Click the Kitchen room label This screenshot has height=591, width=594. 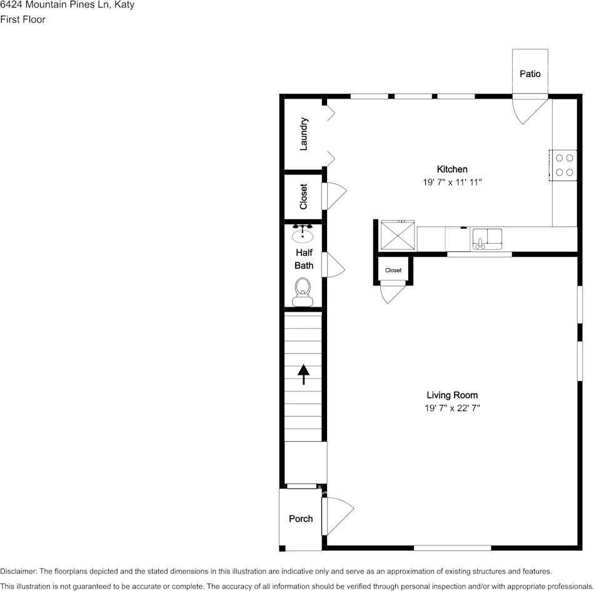point(451,169)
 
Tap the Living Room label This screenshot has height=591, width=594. point(452,395)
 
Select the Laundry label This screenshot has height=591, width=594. point(304,134)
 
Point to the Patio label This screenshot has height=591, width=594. point(530,74)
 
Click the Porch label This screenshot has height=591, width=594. point(301,519)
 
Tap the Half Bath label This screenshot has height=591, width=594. point(304,259)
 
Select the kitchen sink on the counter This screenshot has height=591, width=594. point(487,238)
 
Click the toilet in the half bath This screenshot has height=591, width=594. point(303,291)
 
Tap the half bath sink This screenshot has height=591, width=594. point(303,234)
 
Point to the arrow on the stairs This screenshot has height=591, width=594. point(303,374)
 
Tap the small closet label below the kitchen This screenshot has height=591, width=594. point(393,271)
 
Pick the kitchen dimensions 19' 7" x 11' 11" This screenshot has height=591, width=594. point(452,182)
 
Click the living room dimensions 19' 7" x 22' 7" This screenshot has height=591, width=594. point(452,408)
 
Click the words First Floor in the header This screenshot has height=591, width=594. point(23,19)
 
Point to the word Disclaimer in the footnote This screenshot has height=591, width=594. point(18,571)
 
